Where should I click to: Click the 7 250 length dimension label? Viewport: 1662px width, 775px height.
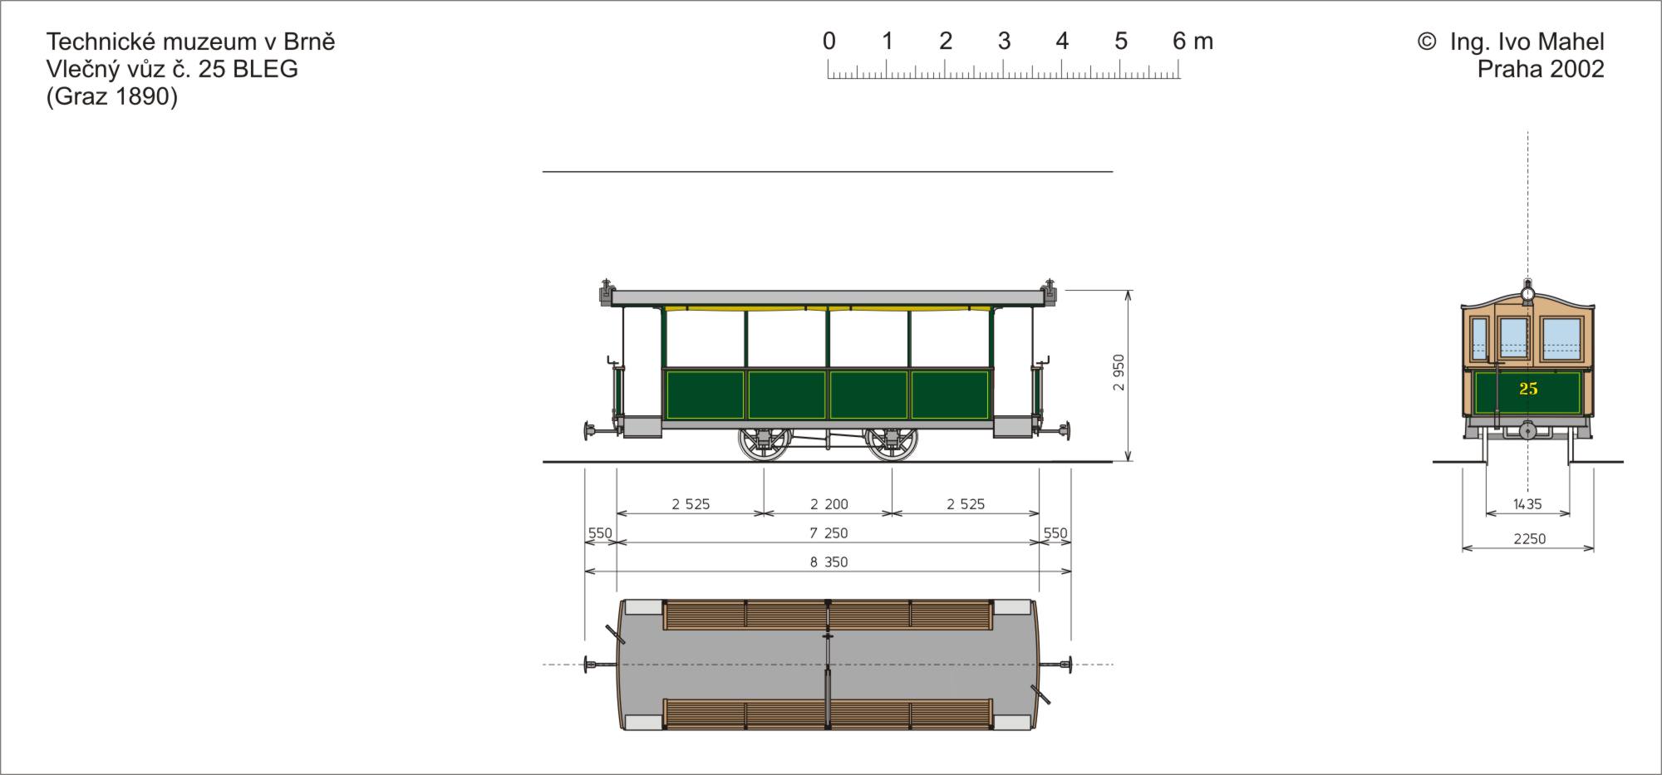point(829,533)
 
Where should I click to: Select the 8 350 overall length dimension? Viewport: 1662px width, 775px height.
point(829,562)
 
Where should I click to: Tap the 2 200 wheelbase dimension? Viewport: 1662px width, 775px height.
point(829,504)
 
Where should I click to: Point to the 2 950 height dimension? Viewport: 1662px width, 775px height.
point(1119,372)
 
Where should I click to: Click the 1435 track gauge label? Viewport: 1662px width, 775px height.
point(1527,504)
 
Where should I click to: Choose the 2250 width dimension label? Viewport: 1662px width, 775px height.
point(1529,539)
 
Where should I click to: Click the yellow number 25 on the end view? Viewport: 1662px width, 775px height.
point(1528,389)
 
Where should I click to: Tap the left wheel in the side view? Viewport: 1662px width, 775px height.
point(765,444)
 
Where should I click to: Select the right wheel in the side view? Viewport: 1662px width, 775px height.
point(892,444)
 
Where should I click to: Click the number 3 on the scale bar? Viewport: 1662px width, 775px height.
point(1004,41)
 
